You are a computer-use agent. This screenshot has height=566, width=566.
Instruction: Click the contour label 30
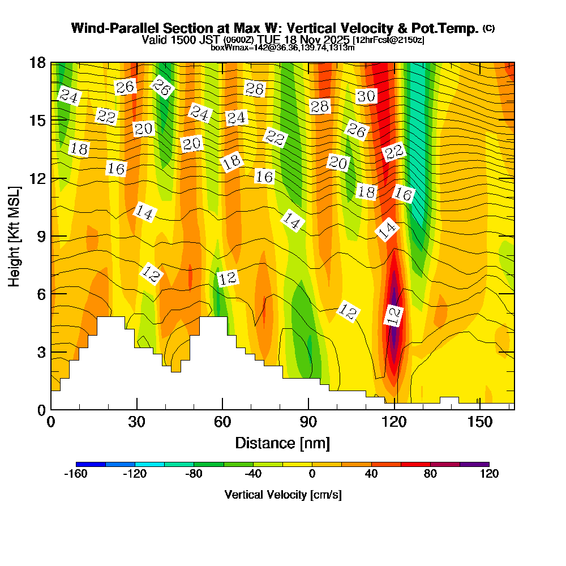tap(366, 96)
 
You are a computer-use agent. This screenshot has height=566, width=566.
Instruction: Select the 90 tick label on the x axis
tap(308, 422)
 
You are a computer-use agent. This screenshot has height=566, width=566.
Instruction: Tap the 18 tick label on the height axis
tap(37, 62)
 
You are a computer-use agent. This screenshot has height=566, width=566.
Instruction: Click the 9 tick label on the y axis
tap(41, 236)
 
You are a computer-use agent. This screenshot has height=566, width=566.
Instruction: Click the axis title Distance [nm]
tap(282, 442)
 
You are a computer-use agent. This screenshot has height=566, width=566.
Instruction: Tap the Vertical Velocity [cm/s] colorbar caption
tap(283, 495)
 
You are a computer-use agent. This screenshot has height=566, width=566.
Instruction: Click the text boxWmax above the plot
tap(229, 48)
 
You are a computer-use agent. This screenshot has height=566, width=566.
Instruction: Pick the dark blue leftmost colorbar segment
tap(91, 464)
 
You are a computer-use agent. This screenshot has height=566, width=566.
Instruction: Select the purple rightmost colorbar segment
tap(474, 464)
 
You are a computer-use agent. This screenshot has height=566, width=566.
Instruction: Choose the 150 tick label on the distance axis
tap(480, 422)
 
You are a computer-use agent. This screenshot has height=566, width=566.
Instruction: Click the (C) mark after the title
tap(489, 28)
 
